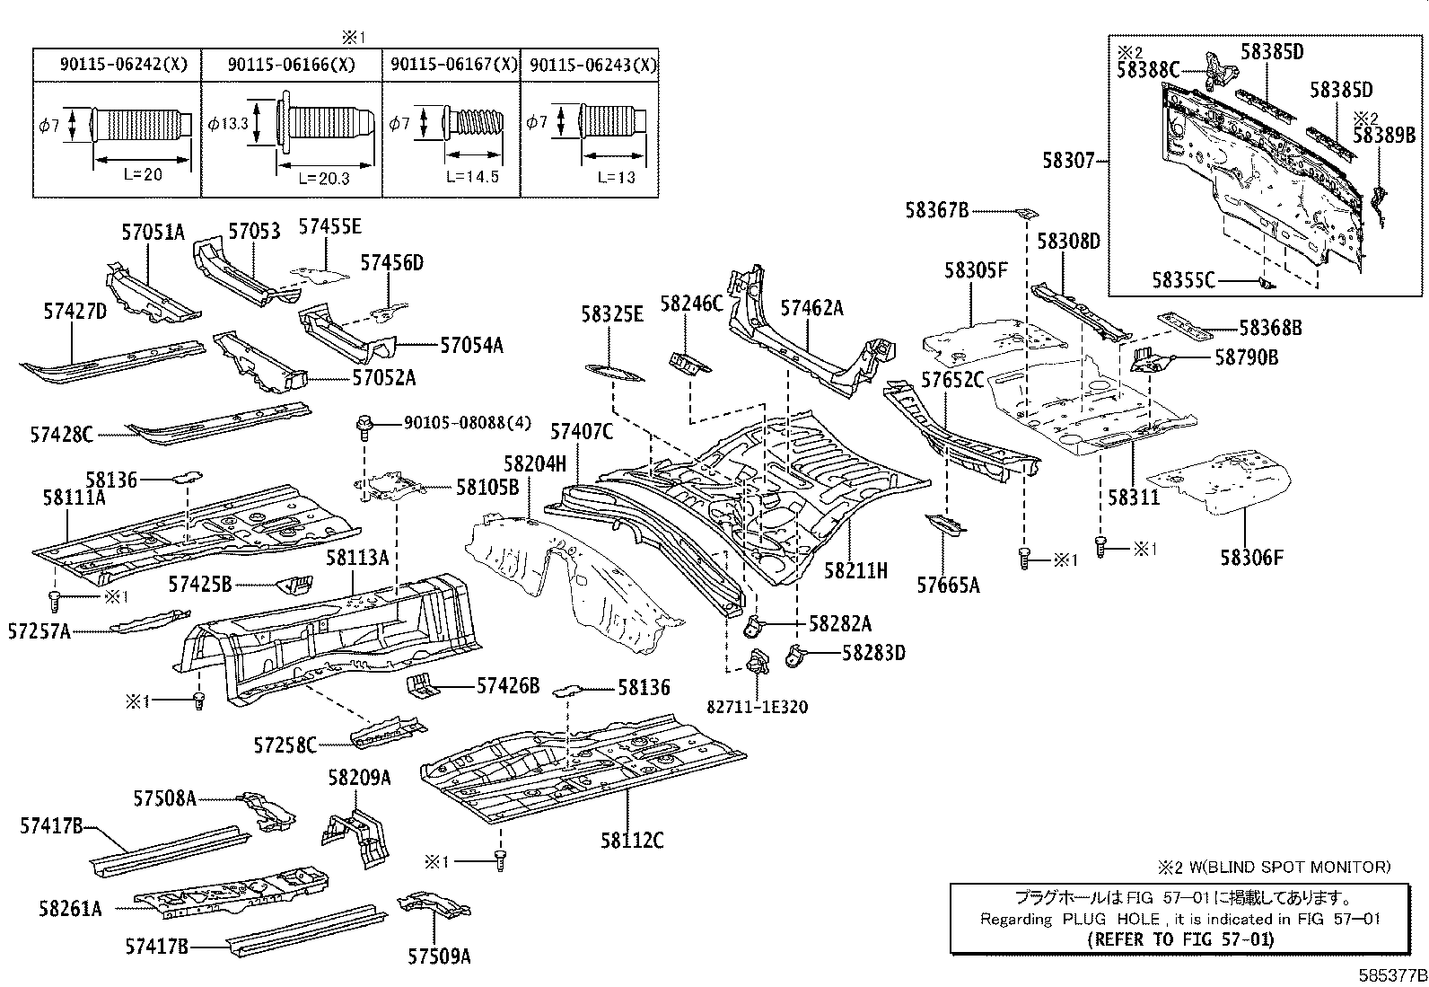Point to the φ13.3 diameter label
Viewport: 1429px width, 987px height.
click(229, 123)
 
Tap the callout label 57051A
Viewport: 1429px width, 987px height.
click(153, 233)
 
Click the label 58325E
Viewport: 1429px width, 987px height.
click(612, 313)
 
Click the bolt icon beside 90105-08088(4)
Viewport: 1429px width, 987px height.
click(364, 425)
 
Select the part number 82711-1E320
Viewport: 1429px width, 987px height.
click(757, 707)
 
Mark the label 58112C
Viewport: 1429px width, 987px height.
click(633, 841)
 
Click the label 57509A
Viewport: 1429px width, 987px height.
click(439, 956)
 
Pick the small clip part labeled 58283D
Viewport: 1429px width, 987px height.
click(794, 654)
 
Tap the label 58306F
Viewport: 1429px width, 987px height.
click(1251, 558)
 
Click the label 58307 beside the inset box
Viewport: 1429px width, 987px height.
click(1068, 161)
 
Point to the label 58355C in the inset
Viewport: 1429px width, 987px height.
click(1183, 280)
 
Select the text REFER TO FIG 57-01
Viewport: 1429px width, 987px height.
click(1179, 940)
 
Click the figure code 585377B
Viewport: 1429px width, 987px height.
click(1390, 975)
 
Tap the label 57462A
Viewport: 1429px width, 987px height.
click(811, 308)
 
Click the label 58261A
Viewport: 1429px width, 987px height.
click(70, 909)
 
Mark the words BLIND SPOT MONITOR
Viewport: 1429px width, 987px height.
click(1301, 867)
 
